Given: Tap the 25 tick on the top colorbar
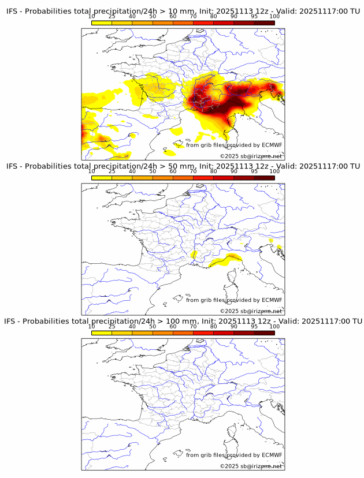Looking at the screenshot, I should [x=112, y=17].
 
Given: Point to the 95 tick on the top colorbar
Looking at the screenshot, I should [x=254, y=17].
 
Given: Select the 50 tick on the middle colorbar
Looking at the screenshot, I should [x=153, y=171].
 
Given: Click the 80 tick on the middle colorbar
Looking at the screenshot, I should [x=214, y=171].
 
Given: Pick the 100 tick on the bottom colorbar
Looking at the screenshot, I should [x=274, y=326].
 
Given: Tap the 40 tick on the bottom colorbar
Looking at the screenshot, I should [x=132, y=326].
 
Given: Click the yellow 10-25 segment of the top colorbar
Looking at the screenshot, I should [x=102, y=23].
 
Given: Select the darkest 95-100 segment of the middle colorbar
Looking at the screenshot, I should [x=265, y=178].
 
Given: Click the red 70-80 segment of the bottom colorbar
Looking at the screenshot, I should [x=203, y=333].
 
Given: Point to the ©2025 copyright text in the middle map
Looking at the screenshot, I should [x=251, y=311].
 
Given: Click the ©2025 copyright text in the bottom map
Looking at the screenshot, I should [x=251, y=466].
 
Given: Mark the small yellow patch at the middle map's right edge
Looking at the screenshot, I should [x=279, y=248].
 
